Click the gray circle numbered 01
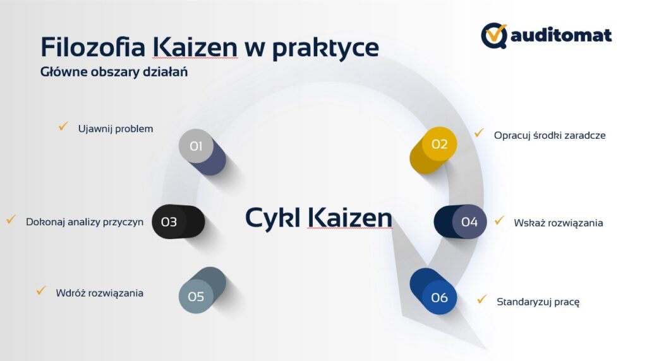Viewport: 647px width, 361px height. (x=195, y=146)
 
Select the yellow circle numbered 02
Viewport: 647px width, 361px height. (x=439, y=145)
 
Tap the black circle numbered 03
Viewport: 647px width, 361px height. (x=169, y=222)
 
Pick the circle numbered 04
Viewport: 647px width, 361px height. (x=469, y=222)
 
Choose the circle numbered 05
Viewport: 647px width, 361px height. (x=196, y=296)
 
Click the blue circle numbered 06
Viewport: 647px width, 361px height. (x=439, y=297)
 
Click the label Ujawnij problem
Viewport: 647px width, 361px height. (x=116, y=129)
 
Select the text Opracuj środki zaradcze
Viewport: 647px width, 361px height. (x=550, y=135)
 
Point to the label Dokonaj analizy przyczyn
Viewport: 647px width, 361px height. (x=85, y=222)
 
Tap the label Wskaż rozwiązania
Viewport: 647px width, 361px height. (x=558, y=223)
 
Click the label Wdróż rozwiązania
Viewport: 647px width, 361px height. (x=99, y=293)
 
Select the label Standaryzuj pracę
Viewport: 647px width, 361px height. (x=538, y=302)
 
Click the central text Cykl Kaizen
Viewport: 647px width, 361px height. (x=318, y=218)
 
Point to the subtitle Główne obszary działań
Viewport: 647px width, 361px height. (x=114, y=72)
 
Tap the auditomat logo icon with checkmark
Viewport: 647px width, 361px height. (x=494, y=35)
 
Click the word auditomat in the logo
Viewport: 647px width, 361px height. (x=561, y=35)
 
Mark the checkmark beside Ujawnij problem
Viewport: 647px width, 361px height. (x=63, y=127)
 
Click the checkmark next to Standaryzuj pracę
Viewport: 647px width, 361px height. (x=482, y=300)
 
